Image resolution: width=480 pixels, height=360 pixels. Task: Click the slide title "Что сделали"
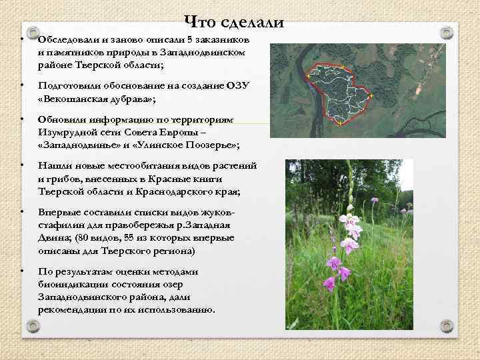(x=233, y=22)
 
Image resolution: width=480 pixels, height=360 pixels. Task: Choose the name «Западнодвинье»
(x=77, y=145)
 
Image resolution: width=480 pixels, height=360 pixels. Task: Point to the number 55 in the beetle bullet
(x=127, y=238)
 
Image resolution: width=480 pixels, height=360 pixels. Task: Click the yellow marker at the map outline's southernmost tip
(x=339, y=125)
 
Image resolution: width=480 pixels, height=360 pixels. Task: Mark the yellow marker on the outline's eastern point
(x=371, y=97)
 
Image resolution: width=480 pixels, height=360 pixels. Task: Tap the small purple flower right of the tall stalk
(x=374, y=200)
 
